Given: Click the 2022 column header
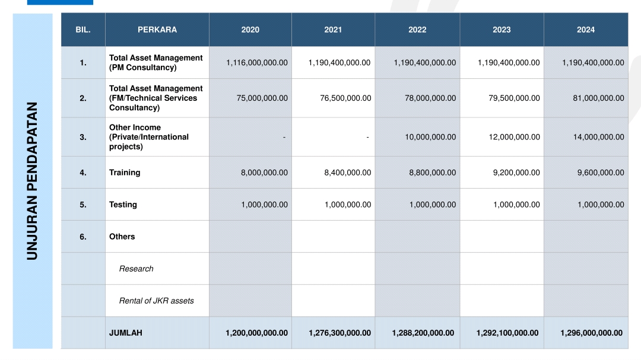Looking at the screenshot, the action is coord(417,30).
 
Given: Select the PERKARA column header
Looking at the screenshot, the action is coord(157,30).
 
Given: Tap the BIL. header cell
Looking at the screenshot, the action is coord(83,30).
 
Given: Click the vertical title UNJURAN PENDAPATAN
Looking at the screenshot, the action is coord(32,181).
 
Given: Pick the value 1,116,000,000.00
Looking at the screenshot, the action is coord(257,62).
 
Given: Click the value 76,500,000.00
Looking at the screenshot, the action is coord(345,98).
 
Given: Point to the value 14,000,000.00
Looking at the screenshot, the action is coord(598,137).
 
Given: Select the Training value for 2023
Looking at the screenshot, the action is coord(516,173).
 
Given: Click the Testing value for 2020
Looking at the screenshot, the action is coord(264,204).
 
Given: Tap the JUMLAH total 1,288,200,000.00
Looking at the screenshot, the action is coord(423,333).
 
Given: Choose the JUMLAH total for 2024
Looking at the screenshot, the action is coord(591,333).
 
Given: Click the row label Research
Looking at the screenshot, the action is coord(136,269).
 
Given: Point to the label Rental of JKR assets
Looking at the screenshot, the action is coord(156,301).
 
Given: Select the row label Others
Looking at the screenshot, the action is coord(122,237).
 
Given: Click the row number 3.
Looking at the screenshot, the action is coord(83,138).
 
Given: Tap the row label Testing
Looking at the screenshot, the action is coord(123,205).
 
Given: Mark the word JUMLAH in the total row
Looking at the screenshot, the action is coord(125,333).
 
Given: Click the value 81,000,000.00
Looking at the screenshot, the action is coord(598,98).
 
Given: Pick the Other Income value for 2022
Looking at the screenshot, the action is coord(430,137).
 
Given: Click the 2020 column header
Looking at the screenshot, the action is coord(250,30).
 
